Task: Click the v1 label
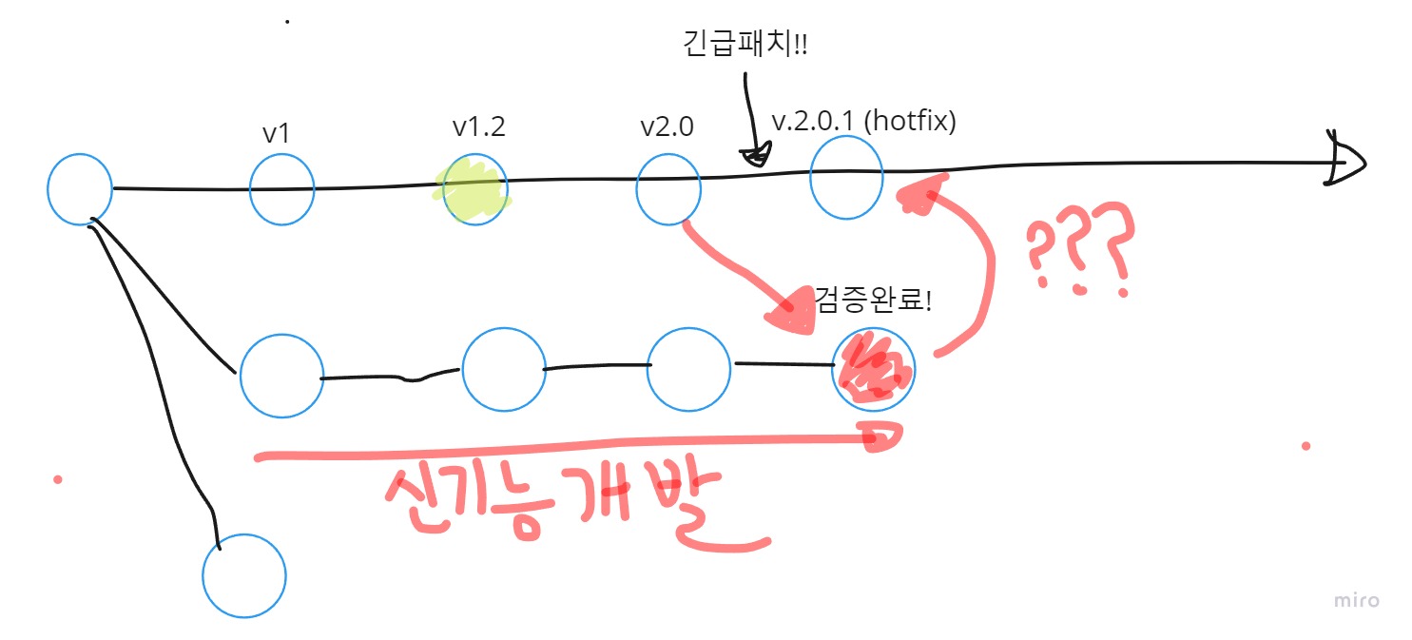click(276, 134)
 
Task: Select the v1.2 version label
click(478, 127)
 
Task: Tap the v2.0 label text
click(667, 128)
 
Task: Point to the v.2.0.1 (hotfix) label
click(863, 122)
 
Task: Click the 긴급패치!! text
click(745, 45)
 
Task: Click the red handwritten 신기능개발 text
click(551, 507)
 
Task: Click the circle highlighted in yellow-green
click(475, 188)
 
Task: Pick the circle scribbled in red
click(873, 370)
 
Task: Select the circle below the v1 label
click(282, 188)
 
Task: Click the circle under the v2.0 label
click(668, 189)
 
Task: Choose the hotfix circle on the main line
click(845, 178)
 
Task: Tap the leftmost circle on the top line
click(80, 188)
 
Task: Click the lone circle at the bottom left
click(244, 575)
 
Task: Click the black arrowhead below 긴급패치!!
click(757, 156)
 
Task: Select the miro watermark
click(1356, 600)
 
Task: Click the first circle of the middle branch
click(281, 375)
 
